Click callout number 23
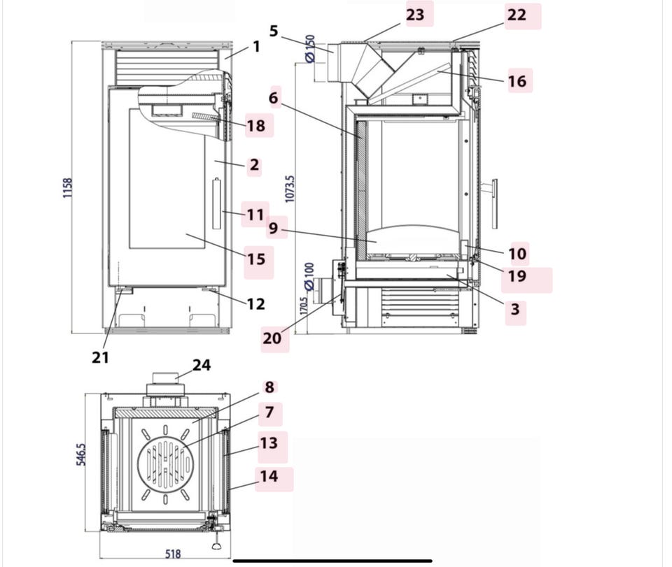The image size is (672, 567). coord(415,15)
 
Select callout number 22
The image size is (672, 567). coord(517,15)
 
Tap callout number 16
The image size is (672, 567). coord(517,81)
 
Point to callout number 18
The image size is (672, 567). coord(256,126)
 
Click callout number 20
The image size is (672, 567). coord(272,338)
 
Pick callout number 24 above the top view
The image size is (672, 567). coord(202,365)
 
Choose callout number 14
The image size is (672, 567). coord(269,476)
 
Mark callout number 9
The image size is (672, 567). coord(273,228)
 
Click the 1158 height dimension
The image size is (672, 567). coord(68,188)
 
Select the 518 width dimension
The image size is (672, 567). coord(173,554)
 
